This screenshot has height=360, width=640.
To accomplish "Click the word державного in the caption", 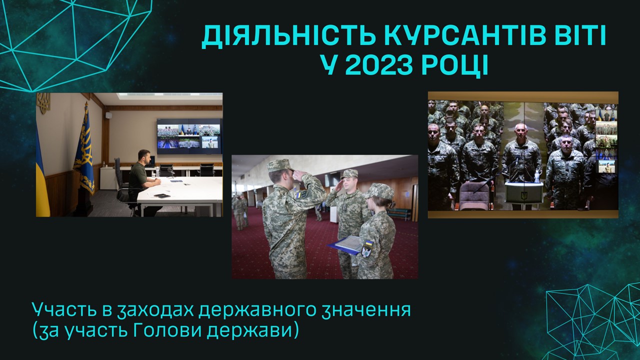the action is (x=255, y=310).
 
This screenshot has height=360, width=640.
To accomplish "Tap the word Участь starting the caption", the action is (x=64, y=309).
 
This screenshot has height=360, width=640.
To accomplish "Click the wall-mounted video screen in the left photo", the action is (x=189, y=136).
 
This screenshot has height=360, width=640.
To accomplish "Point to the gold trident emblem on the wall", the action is (x=43, y=103).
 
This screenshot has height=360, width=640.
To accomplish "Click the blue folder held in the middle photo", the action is (x=344, y=244).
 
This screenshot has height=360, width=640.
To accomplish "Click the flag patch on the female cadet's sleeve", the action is (x=369, y=244).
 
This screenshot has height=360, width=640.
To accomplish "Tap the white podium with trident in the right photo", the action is (x=524, y=192).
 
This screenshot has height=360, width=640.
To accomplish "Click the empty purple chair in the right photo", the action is (x=475, y=196).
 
